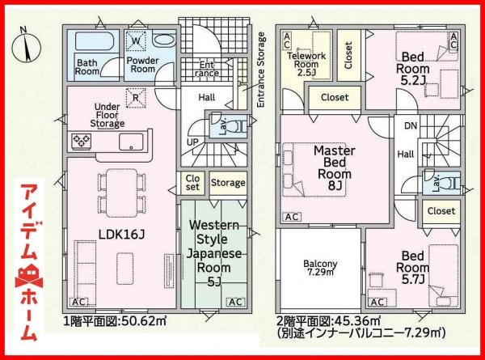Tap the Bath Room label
click(87, 66)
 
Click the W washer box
click(135, 40)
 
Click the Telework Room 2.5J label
click(307, 57)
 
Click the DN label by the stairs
click(411, 126)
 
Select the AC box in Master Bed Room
click(292, 217)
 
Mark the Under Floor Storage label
click(108, 115)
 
